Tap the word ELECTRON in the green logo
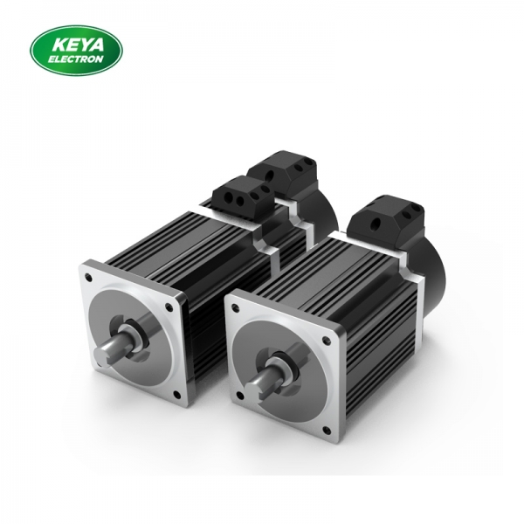tap(77, 59)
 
